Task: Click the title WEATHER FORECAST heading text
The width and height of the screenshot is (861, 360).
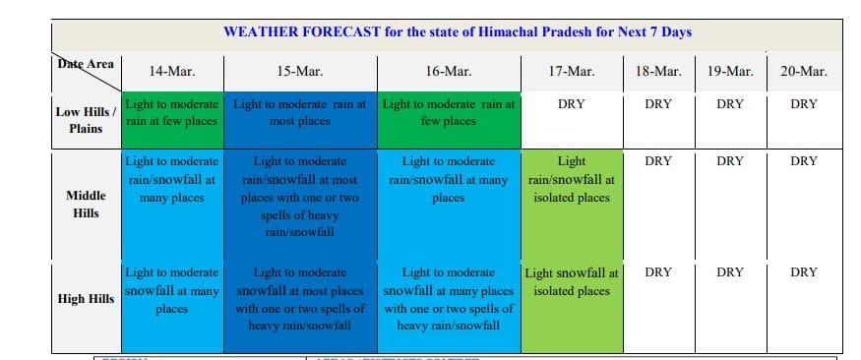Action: click(457, 31)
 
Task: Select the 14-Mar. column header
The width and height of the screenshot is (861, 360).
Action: click(172, 72)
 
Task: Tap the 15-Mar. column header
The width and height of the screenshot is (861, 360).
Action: click(300, 72)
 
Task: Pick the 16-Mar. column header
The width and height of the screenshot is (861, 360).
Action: click(449, 72)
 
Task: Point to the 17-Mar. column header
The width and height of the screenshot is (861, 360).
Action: click(571, 72)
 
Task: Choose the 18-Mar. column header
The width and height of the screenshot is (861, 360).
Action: click(658, 72)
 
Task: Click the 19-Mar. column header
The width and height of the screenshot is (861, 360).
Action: click(730, 72)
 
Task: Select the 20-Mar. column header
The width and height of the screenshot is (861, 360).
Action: click(804, 72)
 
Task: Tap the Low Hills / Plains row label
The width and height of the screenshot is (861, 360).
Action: click(86, 120)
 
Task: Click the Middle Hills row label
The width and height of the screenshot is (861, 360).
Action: click(86, 205)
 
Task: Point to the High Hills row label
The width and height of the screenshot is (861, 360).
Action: click(86, 299)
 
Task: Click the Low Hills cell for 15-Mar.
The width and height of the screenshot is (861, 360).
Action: click(300, 120)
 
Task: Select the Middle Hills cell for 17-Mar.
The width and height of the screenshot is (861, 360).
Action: click(572, 206)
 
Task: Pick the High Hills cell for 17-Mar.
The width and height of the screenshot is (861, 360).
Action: click(572, 308)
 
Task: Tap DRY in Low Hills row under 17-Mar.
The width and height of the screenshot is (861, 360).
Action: click(571, 104)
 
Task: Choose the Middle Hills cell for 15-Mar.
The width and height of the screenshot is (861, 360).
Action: click(300, 206)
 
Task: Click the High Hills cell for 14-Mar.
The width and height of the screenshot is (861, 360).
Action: click(172, 308)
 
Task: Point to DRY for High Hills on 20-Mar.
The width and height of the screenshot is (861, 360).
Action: click(804, 272)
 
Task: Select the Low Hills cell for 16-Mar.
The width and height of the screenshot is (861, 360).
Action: click(449, 120)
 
